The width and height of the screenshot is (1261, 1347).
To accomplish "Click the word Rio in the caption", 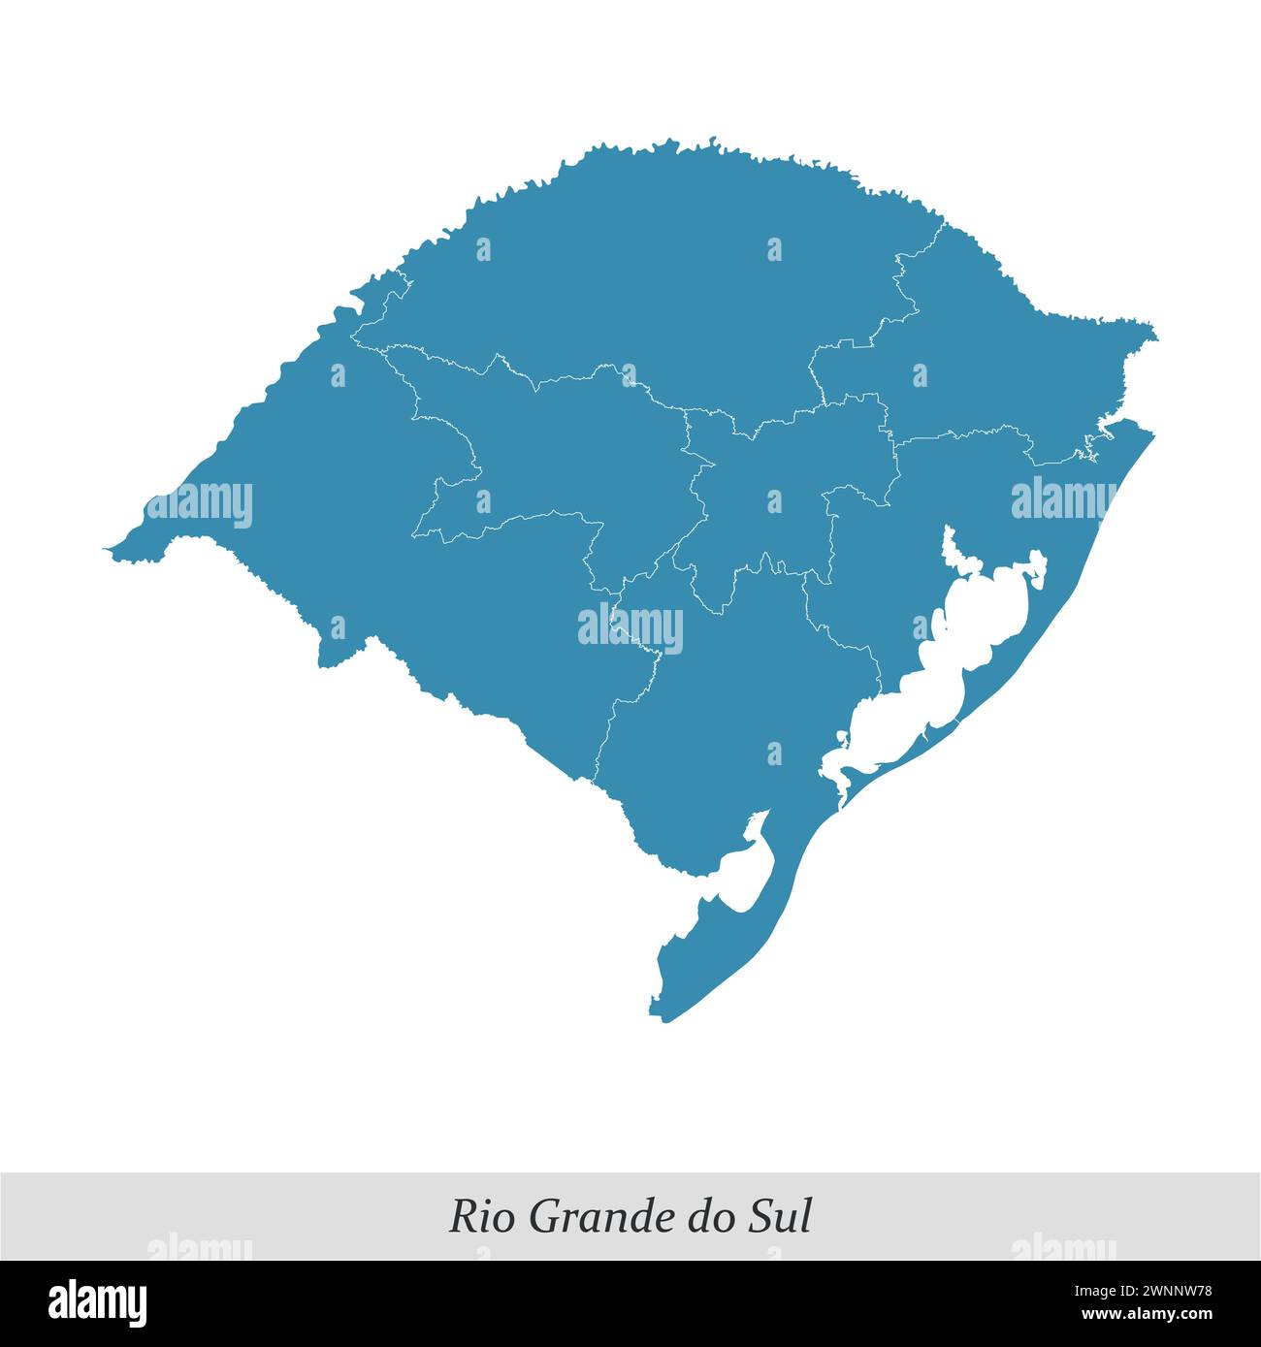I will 476,1217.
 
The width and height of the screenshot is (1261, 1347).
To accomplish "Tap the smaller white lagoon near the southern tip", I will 747,873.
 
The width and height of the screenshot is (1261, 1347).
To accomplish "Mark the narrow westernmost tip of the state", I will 109,551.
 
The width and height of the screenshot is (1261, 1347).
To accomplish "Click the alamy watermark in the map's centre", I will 630,627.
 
